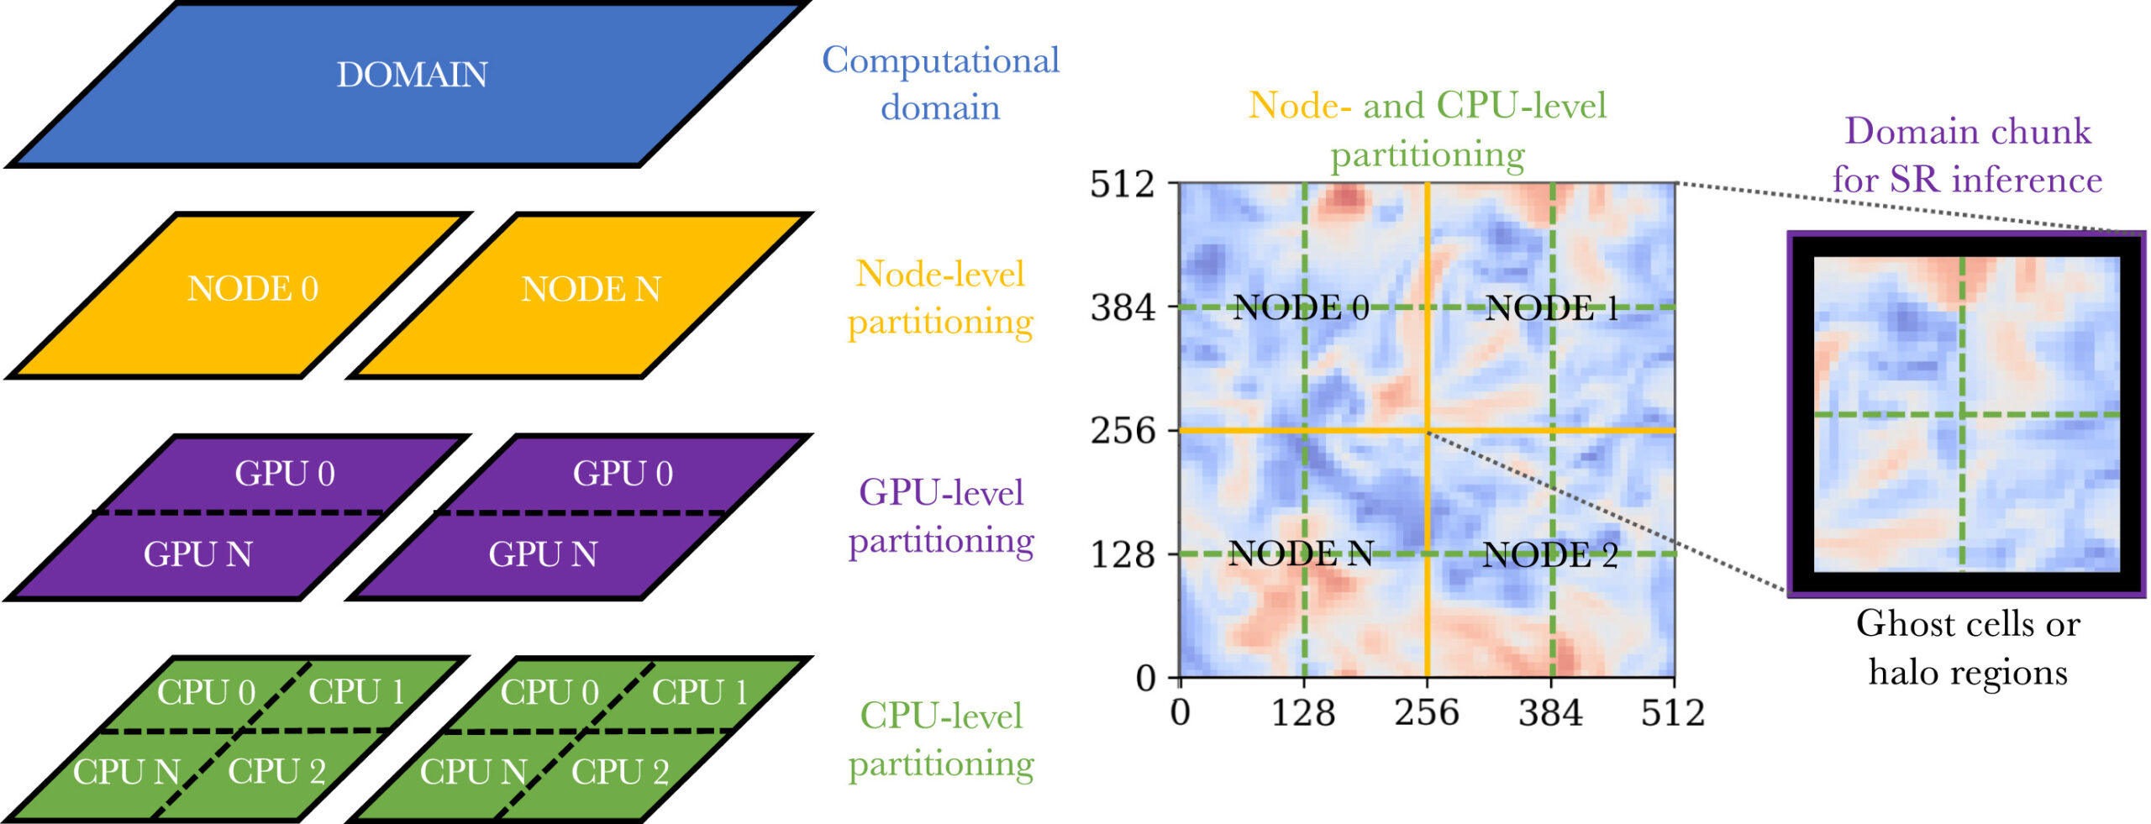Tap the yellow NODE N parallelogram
[580, 296]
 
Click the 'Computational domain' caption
[940, 84]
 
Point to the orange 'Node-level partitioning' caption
[940, 298]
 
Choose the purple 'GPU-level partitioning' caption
[940, 517]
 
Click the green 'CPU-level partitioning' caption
[940, 740]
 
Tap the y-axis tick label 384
[1123, 308]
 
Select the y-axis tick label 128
[1123, 554]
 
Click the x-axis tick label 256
[1427, 713]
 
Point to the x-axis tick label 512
[1673, 713]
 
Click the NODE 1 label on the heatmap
[1552, 308]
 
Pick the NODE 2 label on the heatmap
[1550, 555]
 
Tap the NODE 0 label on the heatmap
[1301, 308]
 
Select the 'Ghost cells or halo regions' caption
[1968, 648]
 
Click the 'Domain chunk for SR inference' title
[1967, 156]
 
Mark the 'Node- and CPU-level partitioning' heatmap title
[1428, 130]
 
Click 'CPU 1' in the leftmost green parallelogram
[357, 692]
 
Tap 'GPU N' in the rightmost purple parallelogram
[543, 554]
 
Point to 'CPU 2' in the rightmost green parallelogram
[620, 772]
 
